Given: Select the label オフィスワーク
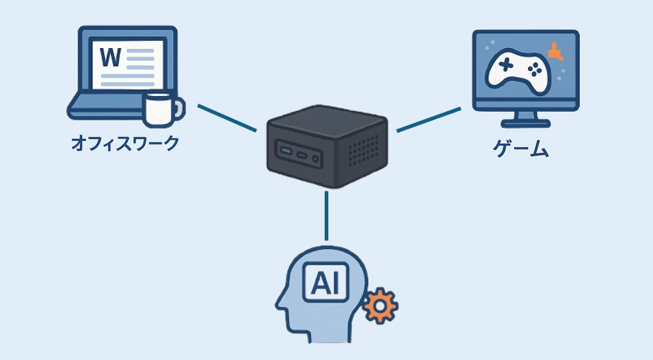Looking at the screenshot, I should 124,143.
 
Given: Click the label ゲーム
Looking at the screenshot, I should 521,149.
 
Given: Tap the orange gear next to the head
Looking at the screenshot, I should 381,305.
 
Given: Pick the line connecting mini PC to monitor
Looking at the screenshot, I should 429,120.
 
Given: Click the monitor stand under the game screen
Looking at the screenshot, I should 526,118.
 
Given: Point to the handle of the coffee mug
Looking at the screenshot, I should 178,111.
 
